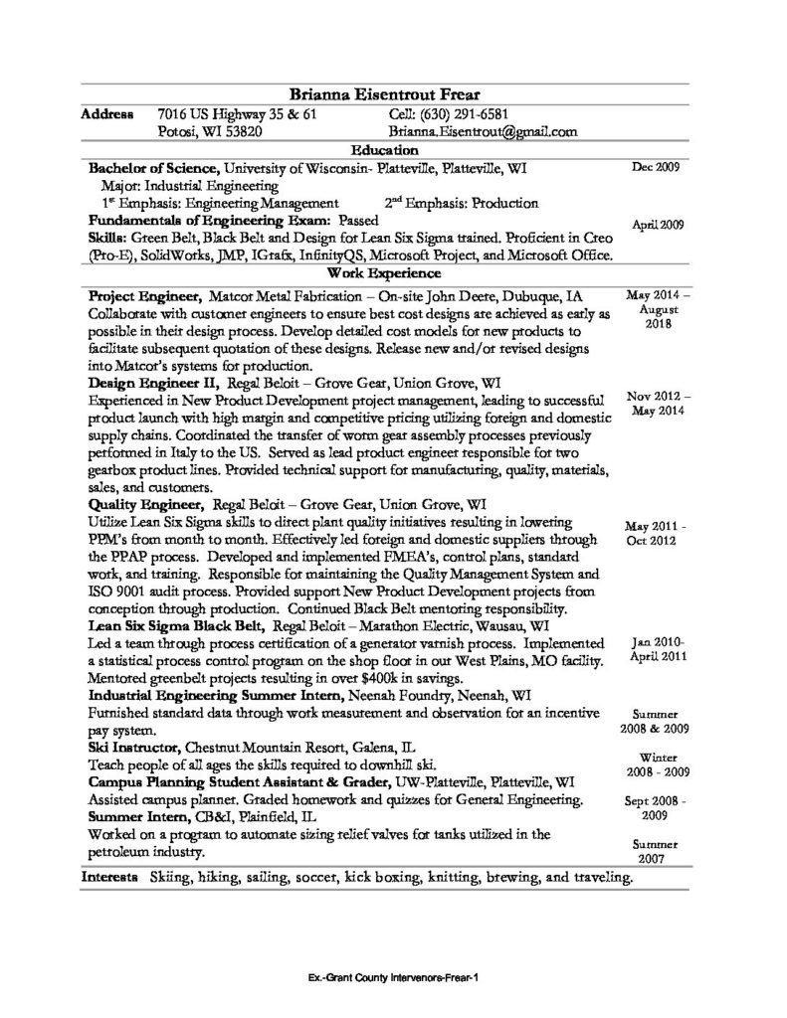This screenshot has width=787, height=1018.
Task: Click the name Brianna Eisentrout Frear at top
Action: [391, 93]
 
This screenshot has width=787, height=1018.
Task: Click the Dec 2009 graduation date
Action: [656, 167]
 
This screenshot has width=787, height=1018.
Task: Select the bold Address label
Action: [106, 113]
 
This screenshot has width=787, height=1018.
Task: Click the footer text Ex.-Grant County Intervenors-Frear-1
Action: [394, 976]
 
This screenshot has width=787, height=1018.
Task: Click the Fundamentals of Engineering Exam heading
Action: [209, 220]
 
